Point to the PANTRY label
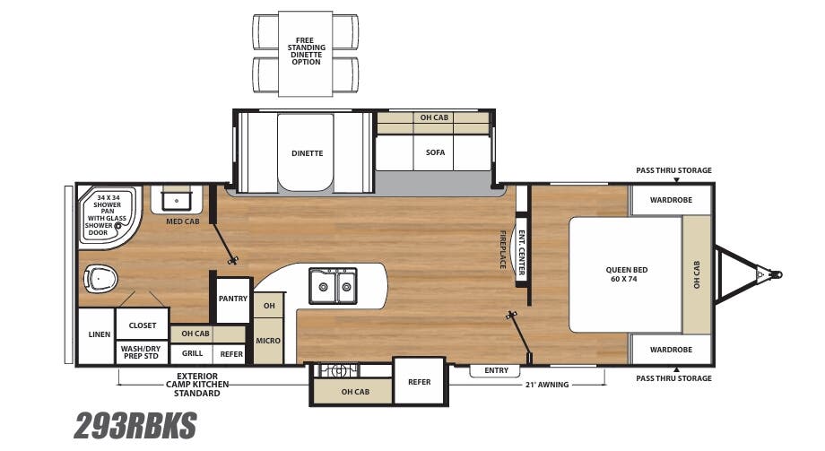pyautogui.click(x=233, y=299)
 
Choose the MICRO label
pyautogui.click(x=268, y=341)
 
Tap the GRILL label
pyautogui.click(x=192, y=354)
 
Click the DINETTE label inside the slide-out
pyautogui.click(x=307, y=153)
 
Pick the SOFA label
pyautogui.click(x=435, y=152)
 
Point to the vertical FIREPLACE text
pyautogui.click(x=502, y=249)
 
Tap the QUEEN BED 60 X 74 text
pyautogui.click(x=627, y=273)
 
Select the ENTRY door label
pyautogui.click(x=496, y=370)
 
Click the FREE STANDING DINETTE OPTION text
pyautogui.click(x=305, y=53)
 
